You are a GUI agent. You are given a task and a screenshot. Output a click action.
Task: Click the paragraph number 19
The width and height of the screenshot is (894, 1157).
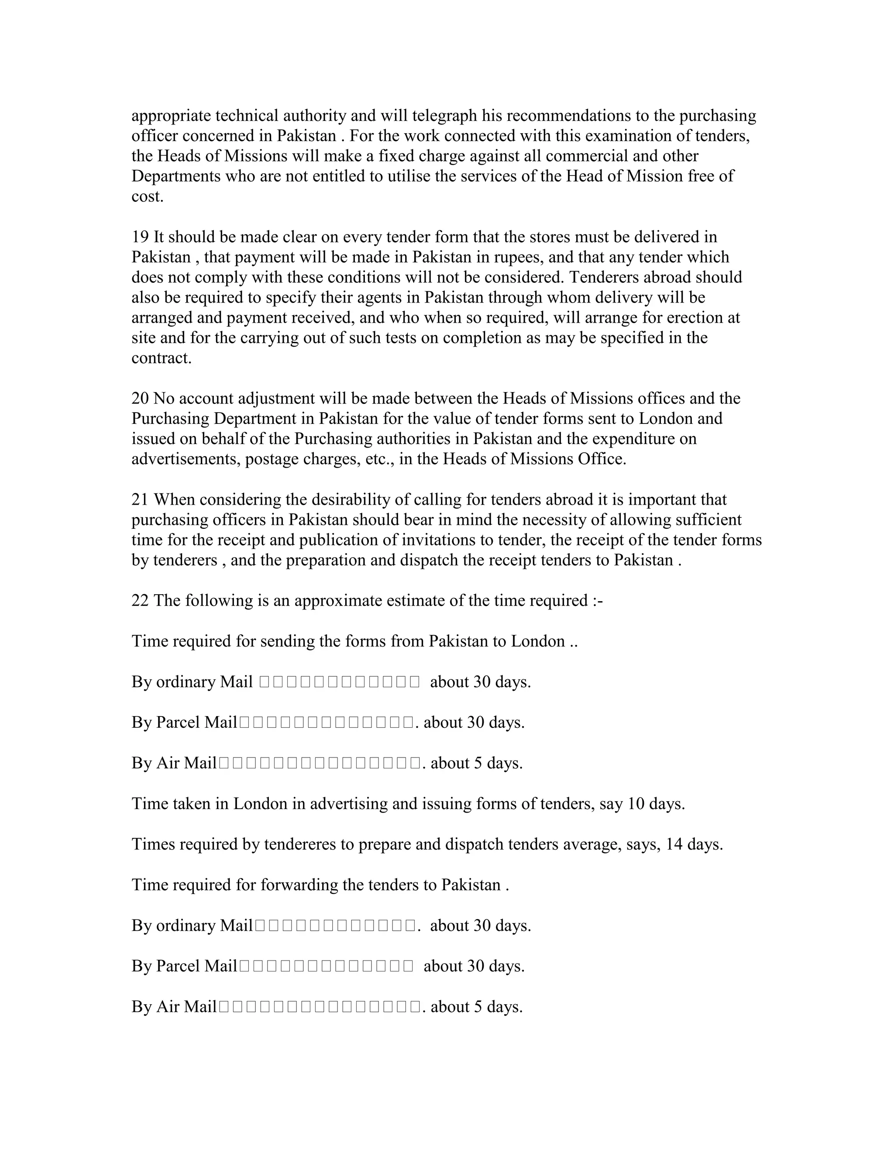point(140,237)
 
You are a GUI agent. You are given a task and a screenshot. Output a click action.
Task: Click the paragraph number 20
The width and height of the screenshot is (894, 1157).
point(140,398)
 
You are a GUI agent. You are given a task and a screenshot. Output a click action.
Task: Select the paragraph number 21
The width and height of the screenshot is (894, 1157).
point(140,499)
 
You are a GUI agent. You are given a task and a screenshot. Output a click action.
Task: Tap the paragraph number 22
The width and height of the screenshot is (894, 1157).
point(140,601)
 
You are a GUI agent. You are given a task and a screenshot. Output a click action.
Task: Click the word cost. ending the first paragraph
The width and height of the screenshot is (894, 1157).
point(147,196)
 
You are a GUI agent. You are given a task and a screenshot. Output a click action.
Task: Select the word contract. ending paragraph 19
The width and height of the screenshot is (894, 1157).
point(162,358)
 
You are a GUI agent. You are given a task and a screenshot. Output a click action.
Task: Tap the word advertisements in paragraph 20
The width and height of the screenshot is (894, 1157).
point(186,459)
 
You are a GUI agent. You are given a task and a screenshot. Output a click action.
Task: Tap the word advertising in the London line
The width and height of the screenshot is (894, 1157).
point(348,804)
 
